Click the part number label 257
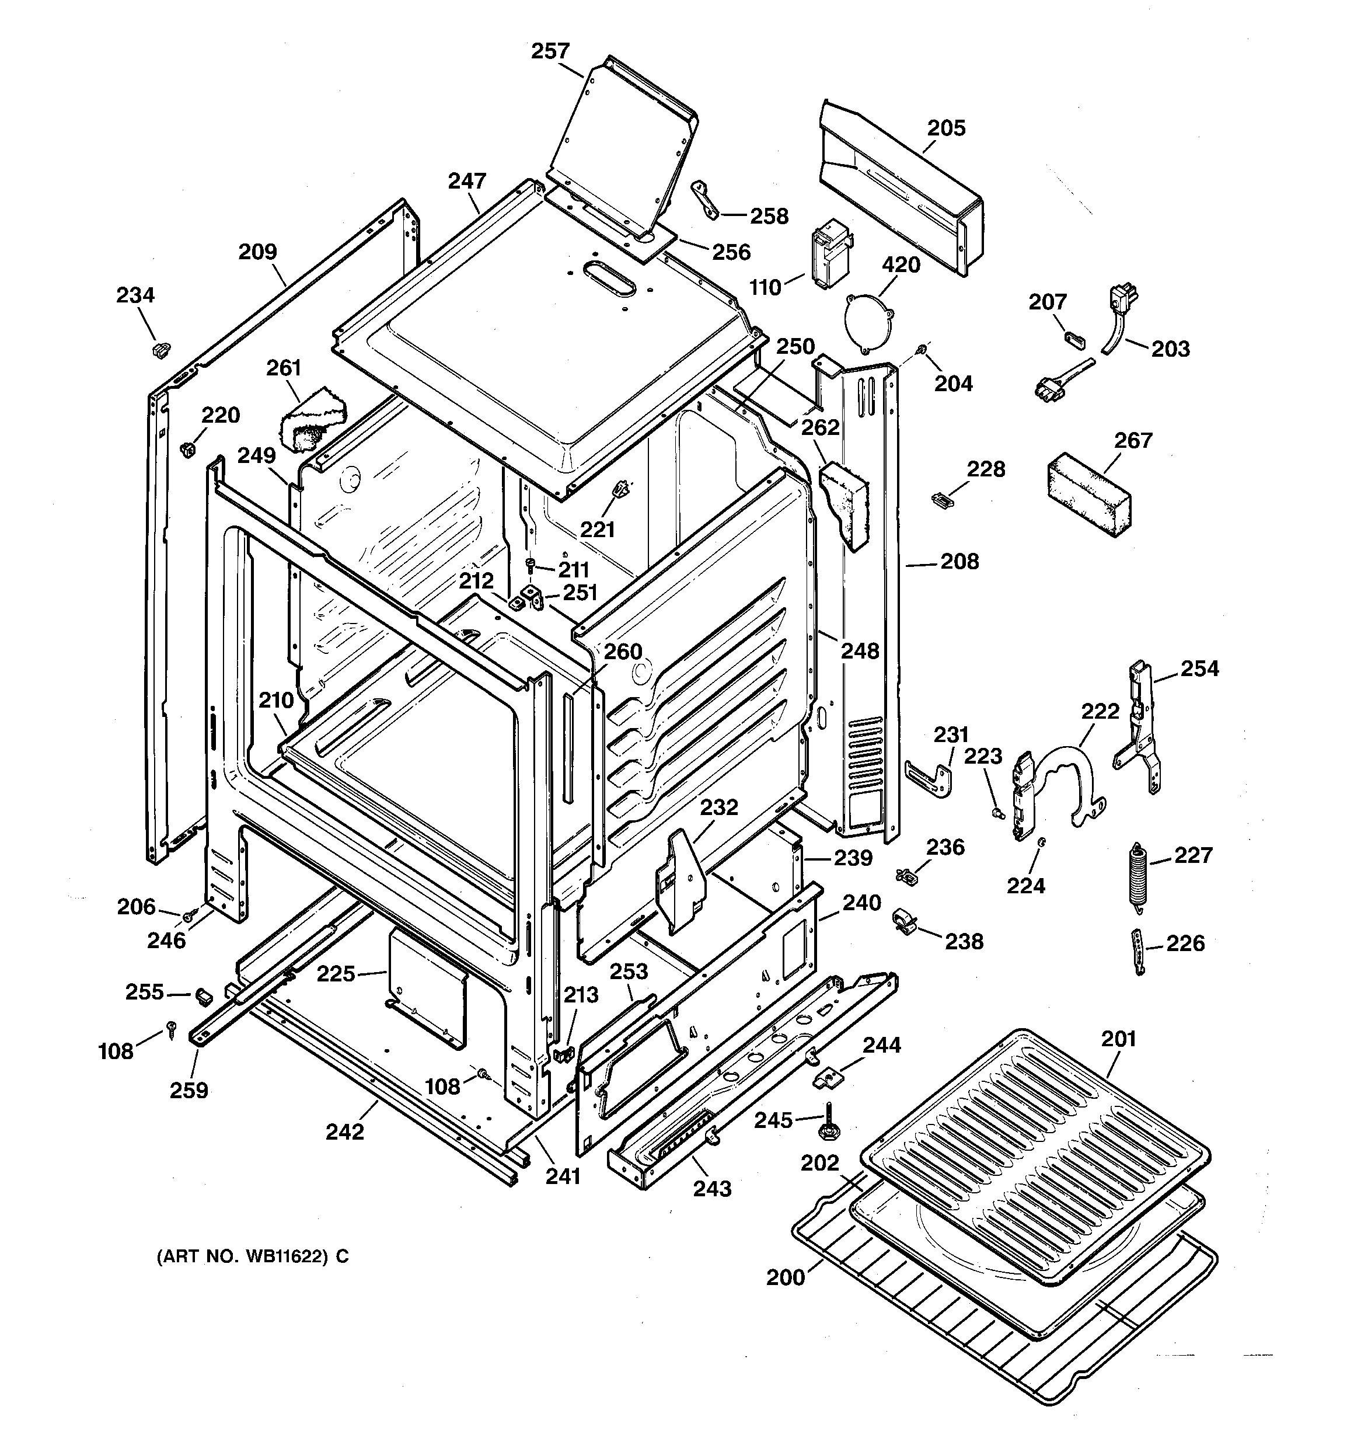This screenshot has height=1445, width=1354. point(550,51)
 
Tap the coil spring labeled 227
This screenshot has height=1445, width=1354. point(1137,875)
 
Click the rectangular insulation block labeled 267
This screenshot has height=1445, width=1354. point(1088,496)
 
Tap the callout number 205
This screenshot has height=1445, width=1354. point(945,128)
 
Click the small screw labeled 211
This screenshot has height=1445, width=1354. point(530,564)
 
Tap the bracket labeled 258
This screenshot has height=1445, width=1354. point(704,199)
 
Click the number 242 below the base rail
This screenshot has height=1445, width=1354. point(344,1131)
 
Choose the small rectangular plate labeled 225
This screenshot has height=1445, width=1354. point(427,989)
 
